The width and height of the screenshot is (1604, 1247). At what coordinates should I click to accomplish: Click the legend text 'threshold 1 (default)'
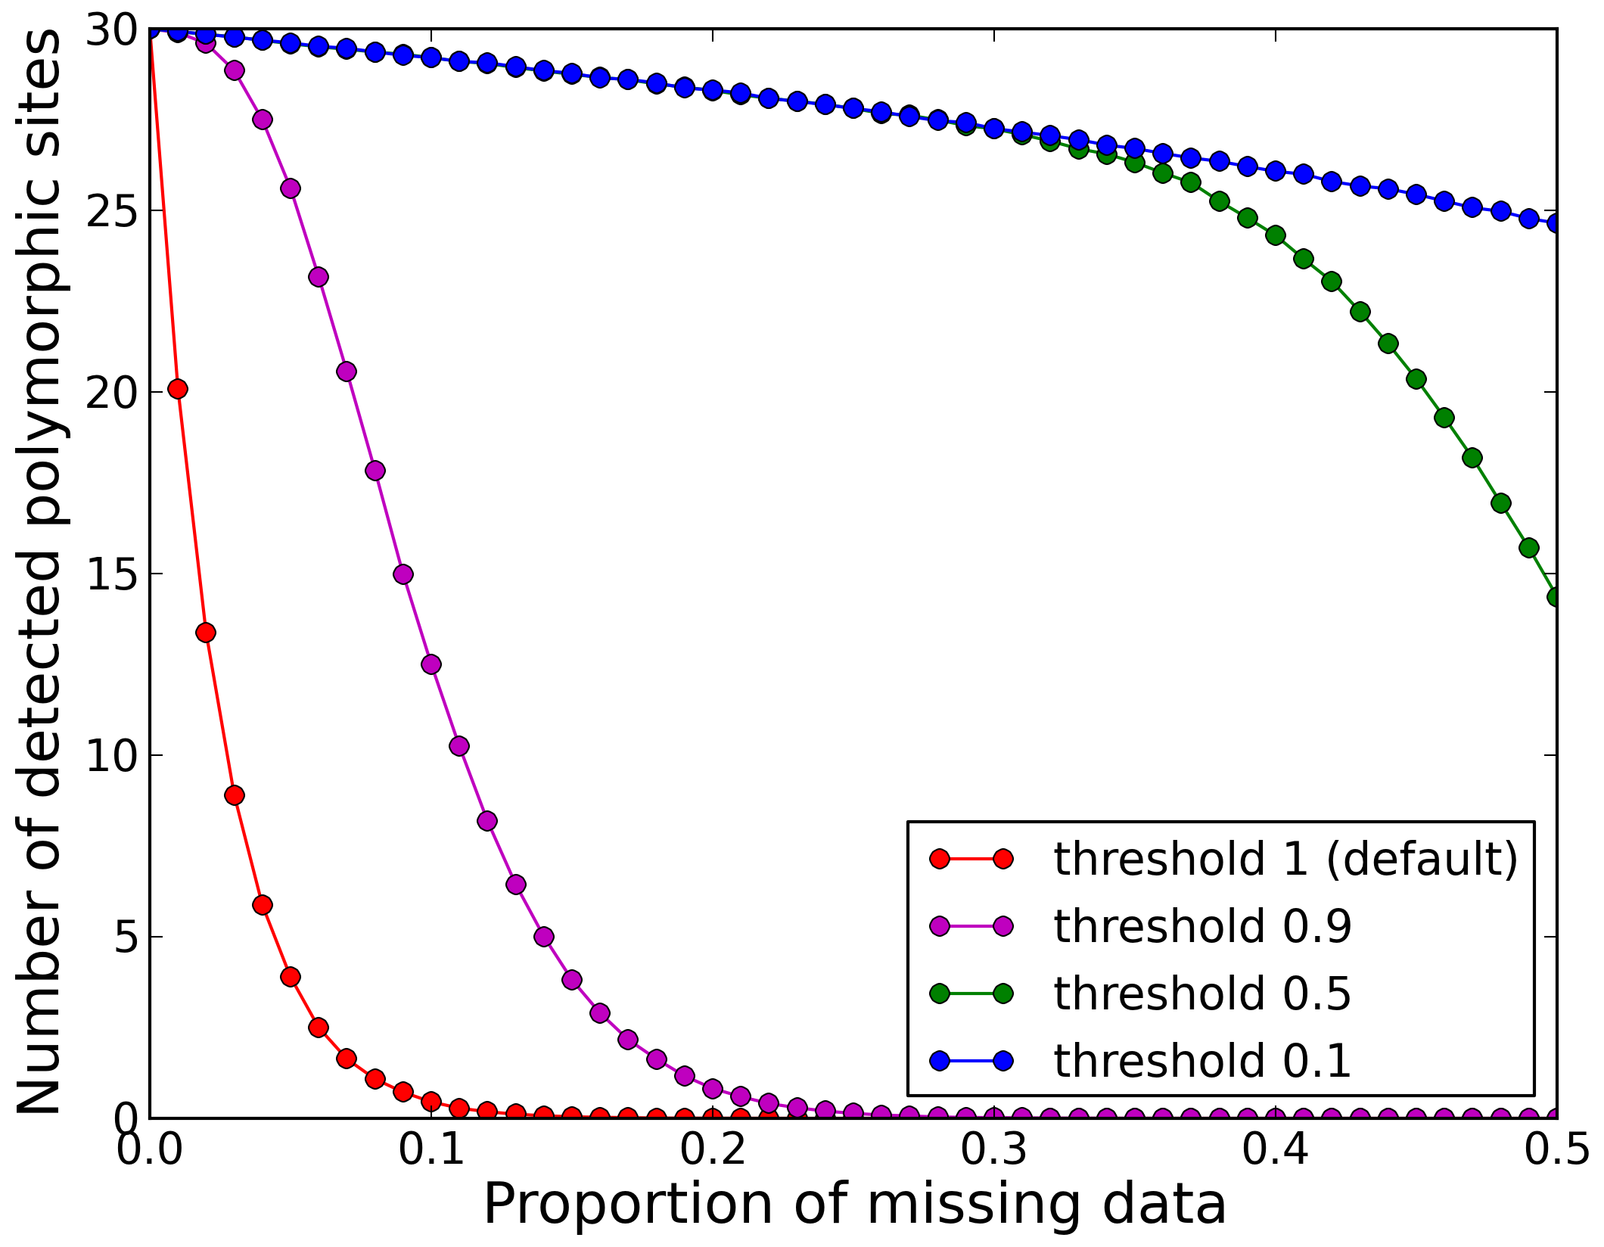point(1286,860)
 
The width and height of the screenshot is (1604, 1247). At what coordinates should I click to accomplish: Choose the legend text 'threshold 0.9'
point(1202,926)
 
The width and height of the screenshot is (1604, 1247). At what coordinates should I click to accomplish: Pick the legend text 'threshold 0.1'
point(1202,1060)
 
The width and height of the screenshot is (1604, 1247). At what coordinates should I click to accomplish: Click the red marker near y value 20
point(178,389)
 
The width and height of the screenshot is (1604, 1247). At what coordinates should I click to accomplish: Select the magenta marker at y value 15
point(403,574)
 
